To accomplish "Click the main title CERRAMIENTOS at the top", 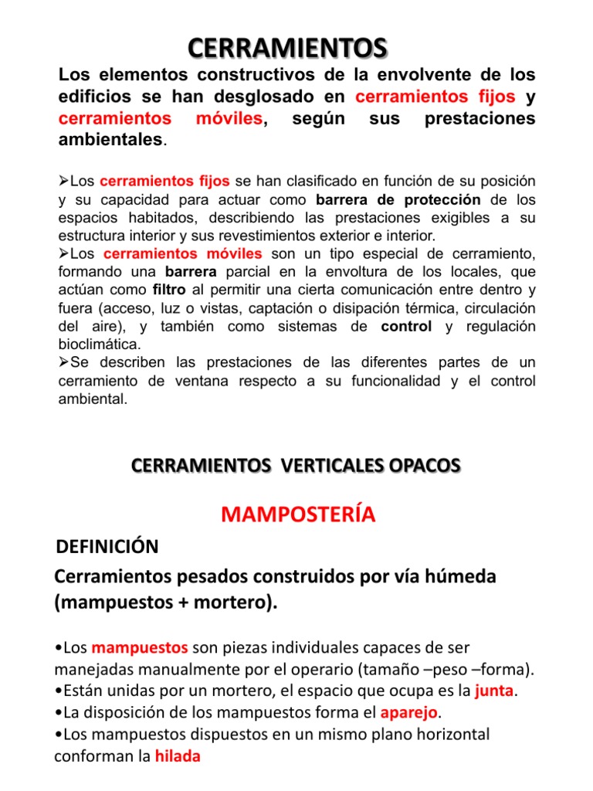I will point(287,48).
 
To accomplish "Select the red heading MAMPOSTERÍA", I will point(298,514).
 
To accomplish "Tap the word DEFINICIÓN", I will point(107,547).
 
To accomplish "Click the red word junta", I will point(494,690).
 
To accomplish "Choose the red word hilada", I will point(178,756).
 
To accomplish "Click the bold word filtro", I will point(169,290).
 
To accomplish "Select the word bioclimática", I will point(99,344).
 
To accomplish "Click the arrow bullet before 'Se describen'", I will point(64,362).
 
